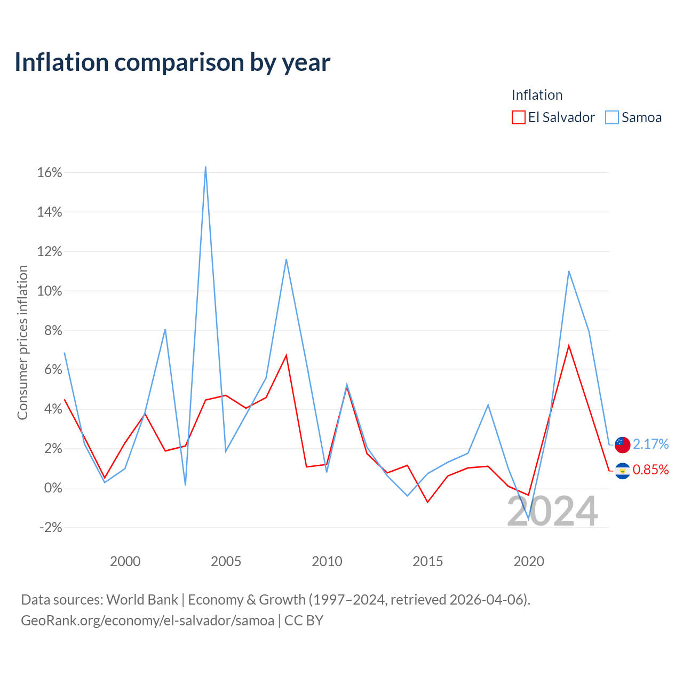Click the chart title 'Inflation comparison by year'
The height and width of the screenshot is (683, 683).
point(172,62)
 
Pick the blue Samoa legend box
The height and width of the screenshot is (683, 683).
point(611,117)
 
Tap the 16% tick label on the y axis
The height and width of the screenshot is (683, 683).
point(50,172)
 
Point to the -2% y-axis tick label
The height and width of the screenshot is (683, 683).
point(51,527)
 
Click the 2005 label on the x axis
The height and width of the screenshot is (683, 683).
point(226,561)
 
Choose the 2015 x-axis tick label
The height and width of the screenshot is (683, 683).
point(427,561)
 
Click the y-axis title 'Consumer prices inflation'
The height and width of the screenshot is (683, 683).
point(22,343)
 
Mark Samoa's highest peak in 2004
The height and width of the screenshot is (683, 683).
point(205,166)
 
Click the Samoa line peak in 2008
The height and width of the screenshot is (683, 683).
point(286,259)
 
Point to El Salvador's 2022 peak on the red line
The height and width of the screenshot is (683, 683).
point(568,345)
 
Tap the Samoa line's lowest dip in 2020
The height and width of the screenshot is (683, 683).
point(528,519)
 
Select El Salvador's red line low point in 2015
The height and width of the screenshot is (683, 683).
point(427,502)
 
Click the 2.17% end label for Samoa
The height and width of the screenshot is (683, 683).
point(650,444)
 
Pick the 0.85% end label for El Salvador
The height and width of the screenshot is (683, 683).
point(650,470)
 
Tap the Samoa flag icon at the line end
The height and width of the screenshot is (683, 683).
point(622,445)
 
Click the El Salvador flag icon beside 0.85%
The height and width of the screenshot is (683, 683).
point(622,471)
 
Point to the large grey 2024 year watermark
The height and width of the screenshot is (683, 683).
point(552,511)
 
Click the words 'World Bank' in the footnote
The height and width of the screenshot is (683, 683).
point(142,600)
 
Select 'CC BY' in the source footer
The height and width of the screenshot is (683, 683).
point(304,621)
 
